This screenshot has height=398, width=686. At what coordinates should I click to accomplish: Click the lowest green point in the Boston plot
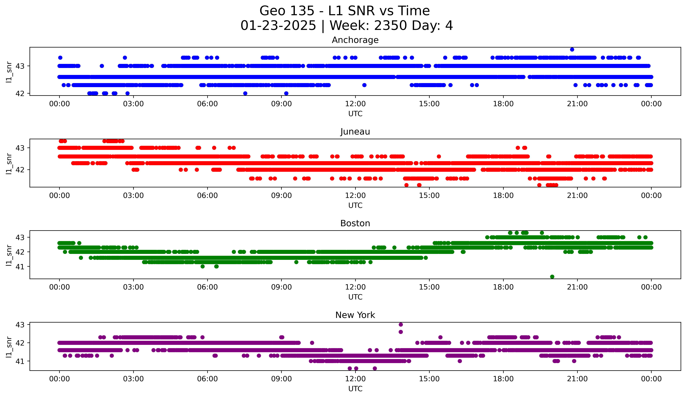(552, 277)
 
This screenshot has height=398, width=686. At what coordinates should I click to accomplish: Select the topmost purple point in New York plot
(401, 325)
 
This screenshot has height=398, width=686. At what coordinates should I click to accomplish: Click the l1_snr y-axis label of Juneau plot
(9, 163)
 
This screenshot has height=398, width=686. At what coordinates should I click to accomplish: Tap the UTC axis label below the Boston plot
(355, 297)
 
